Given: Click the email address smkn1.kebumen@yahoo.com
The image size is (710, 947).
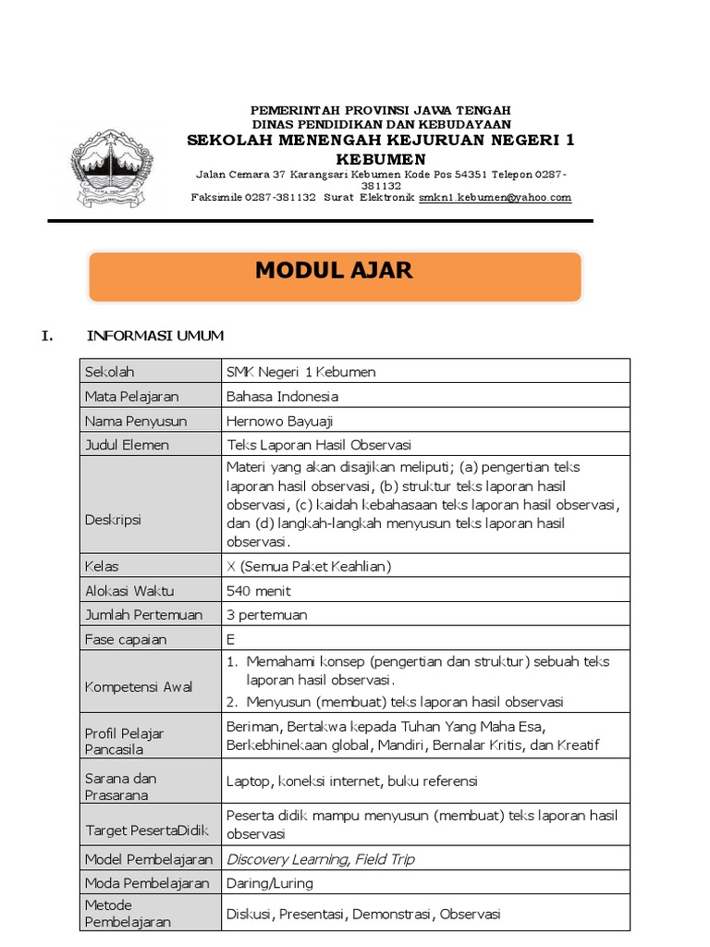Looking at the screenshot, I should tap(495, 197).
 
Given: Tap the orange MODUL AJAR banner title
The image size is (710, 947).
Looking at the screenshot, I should tap(334, 271).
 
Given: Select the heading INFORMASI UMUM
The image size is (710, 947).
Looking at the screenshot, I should tap(154, 336).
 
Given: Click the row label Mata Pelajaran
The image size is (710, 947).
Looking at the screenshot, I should tap(131, 397).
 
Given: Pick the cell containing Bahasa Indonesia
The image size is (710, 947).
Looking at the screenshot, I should tap(283, 397).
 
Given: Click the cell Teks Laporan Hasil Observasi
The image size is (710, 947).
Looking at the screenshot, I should tap(319, 445).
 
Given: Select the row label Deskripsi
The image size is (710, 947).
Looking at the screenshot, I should tap(113, 520).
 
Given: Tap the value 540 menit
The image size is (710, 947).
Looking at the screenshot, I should tap(258, 590).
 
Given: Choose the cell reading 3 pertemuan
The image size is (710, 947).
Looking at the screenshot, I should tap(267, 614).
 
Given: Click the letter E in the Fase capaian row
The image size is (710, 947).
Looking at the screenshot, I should tap(230, 639).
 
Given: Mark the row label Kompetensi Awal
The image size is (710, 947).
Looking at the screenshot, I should tap(139, 687).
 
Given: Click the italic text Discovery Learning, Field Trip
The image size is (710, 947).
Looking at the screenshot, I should tap(320, 859).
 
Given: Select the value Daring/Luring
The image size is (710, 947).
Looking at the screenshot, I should tap(270, 883).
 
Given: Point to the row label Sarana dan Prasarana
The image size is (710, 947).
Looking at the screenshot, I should tap(120, 786).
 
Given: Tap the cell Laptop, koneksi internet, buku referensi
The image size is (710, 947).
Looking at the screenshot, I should tap(351, 781).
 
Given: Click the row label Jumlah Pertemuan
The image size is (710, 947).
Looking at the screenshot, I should tap(142, 614).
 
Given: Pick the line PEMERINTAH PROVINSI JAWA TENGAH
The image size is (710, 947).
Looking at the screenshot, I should tap(381, 110).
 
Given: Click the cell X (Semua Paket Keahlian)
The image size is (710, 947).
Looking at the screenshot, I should tap(309, 566).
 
